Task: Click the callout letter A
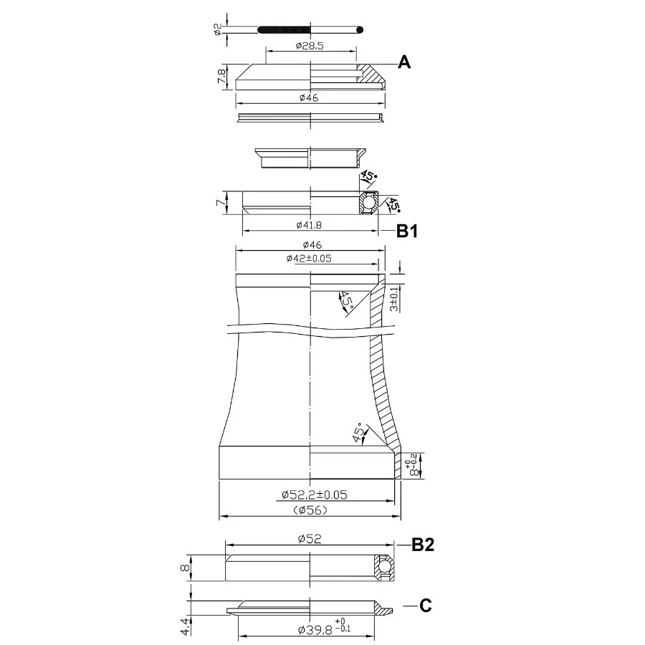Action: (x=404, y=62)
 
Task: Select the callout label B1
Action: (x=407, y=231)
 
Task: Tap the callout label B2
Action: (x=423, y=545)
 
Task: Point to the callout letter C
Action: (x=425, y=606)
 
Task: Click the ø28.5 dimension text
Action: (x=310, y=46)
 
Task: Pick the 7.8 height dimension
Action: (x=221, y=77)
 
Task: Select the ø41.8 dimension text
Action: (x=309, y=225)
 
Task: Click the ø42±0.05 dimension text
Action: (x=309, y=258)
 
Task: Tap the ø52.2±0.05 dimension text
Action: (x=315, y=494)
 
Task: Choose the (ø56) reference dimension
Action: (x=310, y=510)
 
